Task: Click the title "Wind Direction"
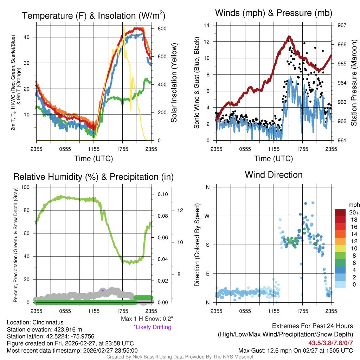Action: point(274,175)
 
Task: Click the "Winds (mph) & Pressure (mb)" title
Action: point(274,13)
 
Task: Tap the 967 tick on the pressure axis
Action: point(342,25)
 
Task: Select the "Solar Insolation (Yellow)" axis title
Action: point(174,83)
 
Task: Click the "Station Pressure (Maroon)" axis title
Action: point(354,83)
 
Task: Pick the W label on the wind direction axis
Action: point(207,216)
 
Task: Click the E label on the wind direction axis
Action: point(208,274)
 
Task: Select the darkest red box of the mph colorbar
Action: point(340,212)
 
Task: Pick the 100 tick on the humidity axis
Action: point(25,187)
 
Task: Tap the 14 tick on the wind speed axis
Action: point(207,25)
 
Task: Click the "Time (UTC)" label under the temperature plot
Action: point(94,159)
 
